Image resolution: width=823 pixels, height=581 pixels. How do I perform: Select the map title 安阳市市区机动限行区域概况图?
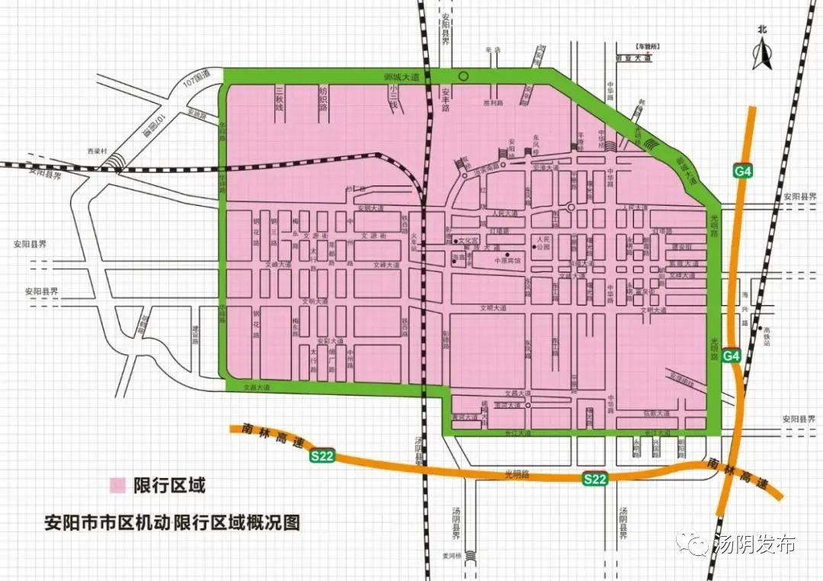tap(171, 524)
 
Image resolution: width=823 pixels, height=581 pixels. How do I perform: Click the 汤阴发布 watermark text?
tap(754, 544)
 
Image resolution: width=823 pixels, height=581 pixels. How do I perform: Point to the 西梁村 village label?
tap(97, 150)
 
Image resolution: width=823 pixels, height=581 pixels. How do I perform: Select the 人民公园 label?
tap(543, 243)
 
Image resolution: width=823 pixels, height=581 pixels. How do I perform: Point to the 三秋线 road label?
tap(279, 100)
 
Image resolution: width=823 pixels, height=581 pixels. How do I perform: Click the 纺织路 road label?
tap(322, 100)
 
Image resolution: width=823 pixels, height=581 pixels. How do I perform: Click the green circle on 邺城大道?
tap(463, 75)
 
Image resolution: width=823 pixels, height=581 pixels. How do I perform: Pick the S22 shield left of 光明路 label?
tap(322, 455)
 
